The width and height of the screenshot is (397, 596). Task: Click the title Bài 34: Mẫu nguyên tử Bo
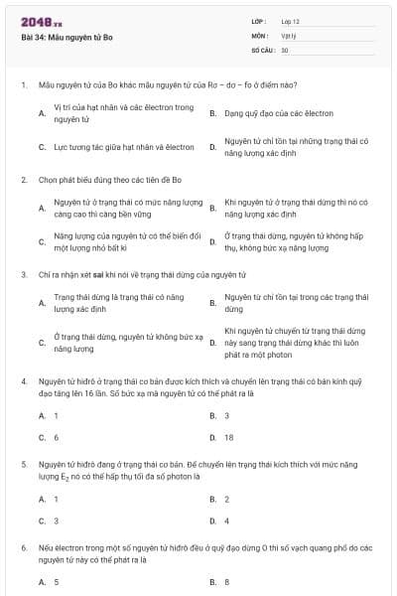66,36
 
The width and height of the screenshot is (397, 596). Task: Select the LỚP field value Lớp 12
291,21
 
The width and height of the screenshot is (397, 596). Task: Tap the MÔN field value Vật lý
289,35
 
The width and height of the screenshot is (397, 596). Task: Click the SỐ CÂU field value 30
285,49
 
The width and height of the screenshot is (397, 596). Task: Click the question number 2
24,180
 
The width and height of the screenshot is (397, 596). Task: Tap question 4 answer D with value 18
228,437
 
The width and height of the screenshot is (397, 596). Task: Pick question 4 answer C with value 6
57,437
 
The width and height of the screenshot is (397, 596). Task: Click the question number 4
24,380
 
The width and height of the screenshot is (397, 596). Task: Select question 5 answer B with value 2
226,499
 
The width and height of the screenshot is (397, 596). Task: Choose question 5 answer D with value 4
226,521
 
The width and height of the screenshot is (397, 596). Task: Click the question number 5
24,464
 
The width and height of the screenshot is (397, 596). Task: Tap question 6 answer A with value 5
57,582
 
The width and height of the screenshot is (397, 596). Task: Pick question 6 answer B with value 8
227,582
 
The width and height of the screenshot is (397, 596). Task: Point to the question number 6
24,547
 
